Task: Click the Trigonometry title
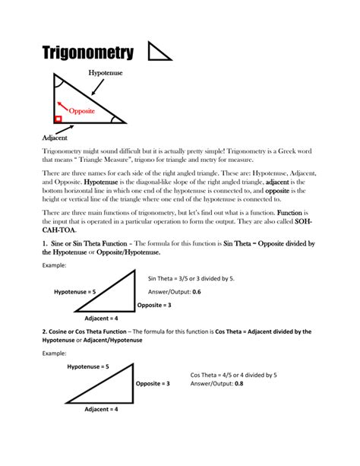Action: point(87,52)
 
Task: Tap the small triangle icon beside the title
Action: point(159,52)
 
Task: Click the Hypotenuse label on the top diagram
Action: point(106,73)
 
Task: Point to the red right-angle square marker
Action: point(58,119)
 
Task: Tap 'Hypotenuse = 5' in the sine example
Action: point(74,292)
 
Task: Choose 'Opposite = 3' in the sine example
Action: point(154,305)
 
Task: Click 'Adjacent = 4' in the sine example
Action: point(101,318)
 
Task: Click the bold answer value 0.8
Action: point(238,384)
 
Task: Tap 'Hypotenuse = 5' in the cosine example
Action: point(88,366)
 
